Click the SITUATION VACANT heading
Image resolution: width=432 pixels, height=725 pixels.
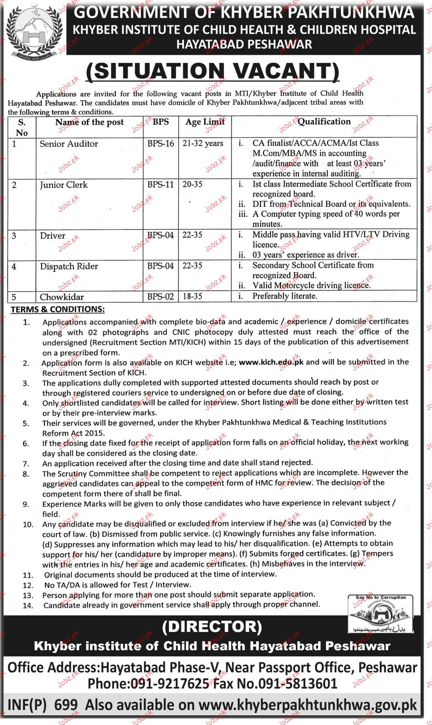[212, 71]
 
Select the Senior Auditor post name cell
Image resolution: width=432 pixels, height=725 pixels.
[69, 144]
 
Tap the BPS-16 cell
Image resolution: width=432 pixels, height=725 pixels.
[160, 143]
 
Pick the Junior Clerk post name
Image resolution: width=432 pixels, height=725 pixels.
[63, 185]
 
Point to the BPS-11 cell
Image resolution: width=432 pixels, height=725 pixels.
[160, 184]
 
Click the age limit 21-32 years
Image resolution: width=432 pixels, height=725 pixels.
[203, 143]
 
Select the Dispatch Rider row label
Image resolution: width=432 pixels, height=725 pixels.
[69, 266]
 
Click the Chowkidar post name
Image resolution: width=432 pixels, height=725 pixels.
[62, 297]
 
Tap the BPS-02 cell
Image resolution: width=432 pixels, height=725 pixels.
[160, 297]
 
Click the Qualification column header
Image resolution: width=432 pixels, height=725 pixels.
[324, 122]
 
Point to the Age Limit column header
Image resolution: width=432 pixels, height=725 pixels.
[205, 122]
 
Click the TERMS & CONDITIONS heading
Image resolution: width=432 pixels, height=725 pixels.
[58, 309]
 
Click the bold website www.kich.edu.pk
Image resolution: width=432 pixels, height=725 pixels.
[271, 362]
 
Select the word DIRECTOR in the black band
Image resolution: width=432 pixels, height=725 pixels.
[212, 627]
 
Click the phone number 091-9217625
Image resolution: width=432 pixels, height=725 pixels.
[170, 684]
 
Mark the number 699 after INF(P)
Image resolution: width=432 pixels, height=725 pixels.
[66, 705]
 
